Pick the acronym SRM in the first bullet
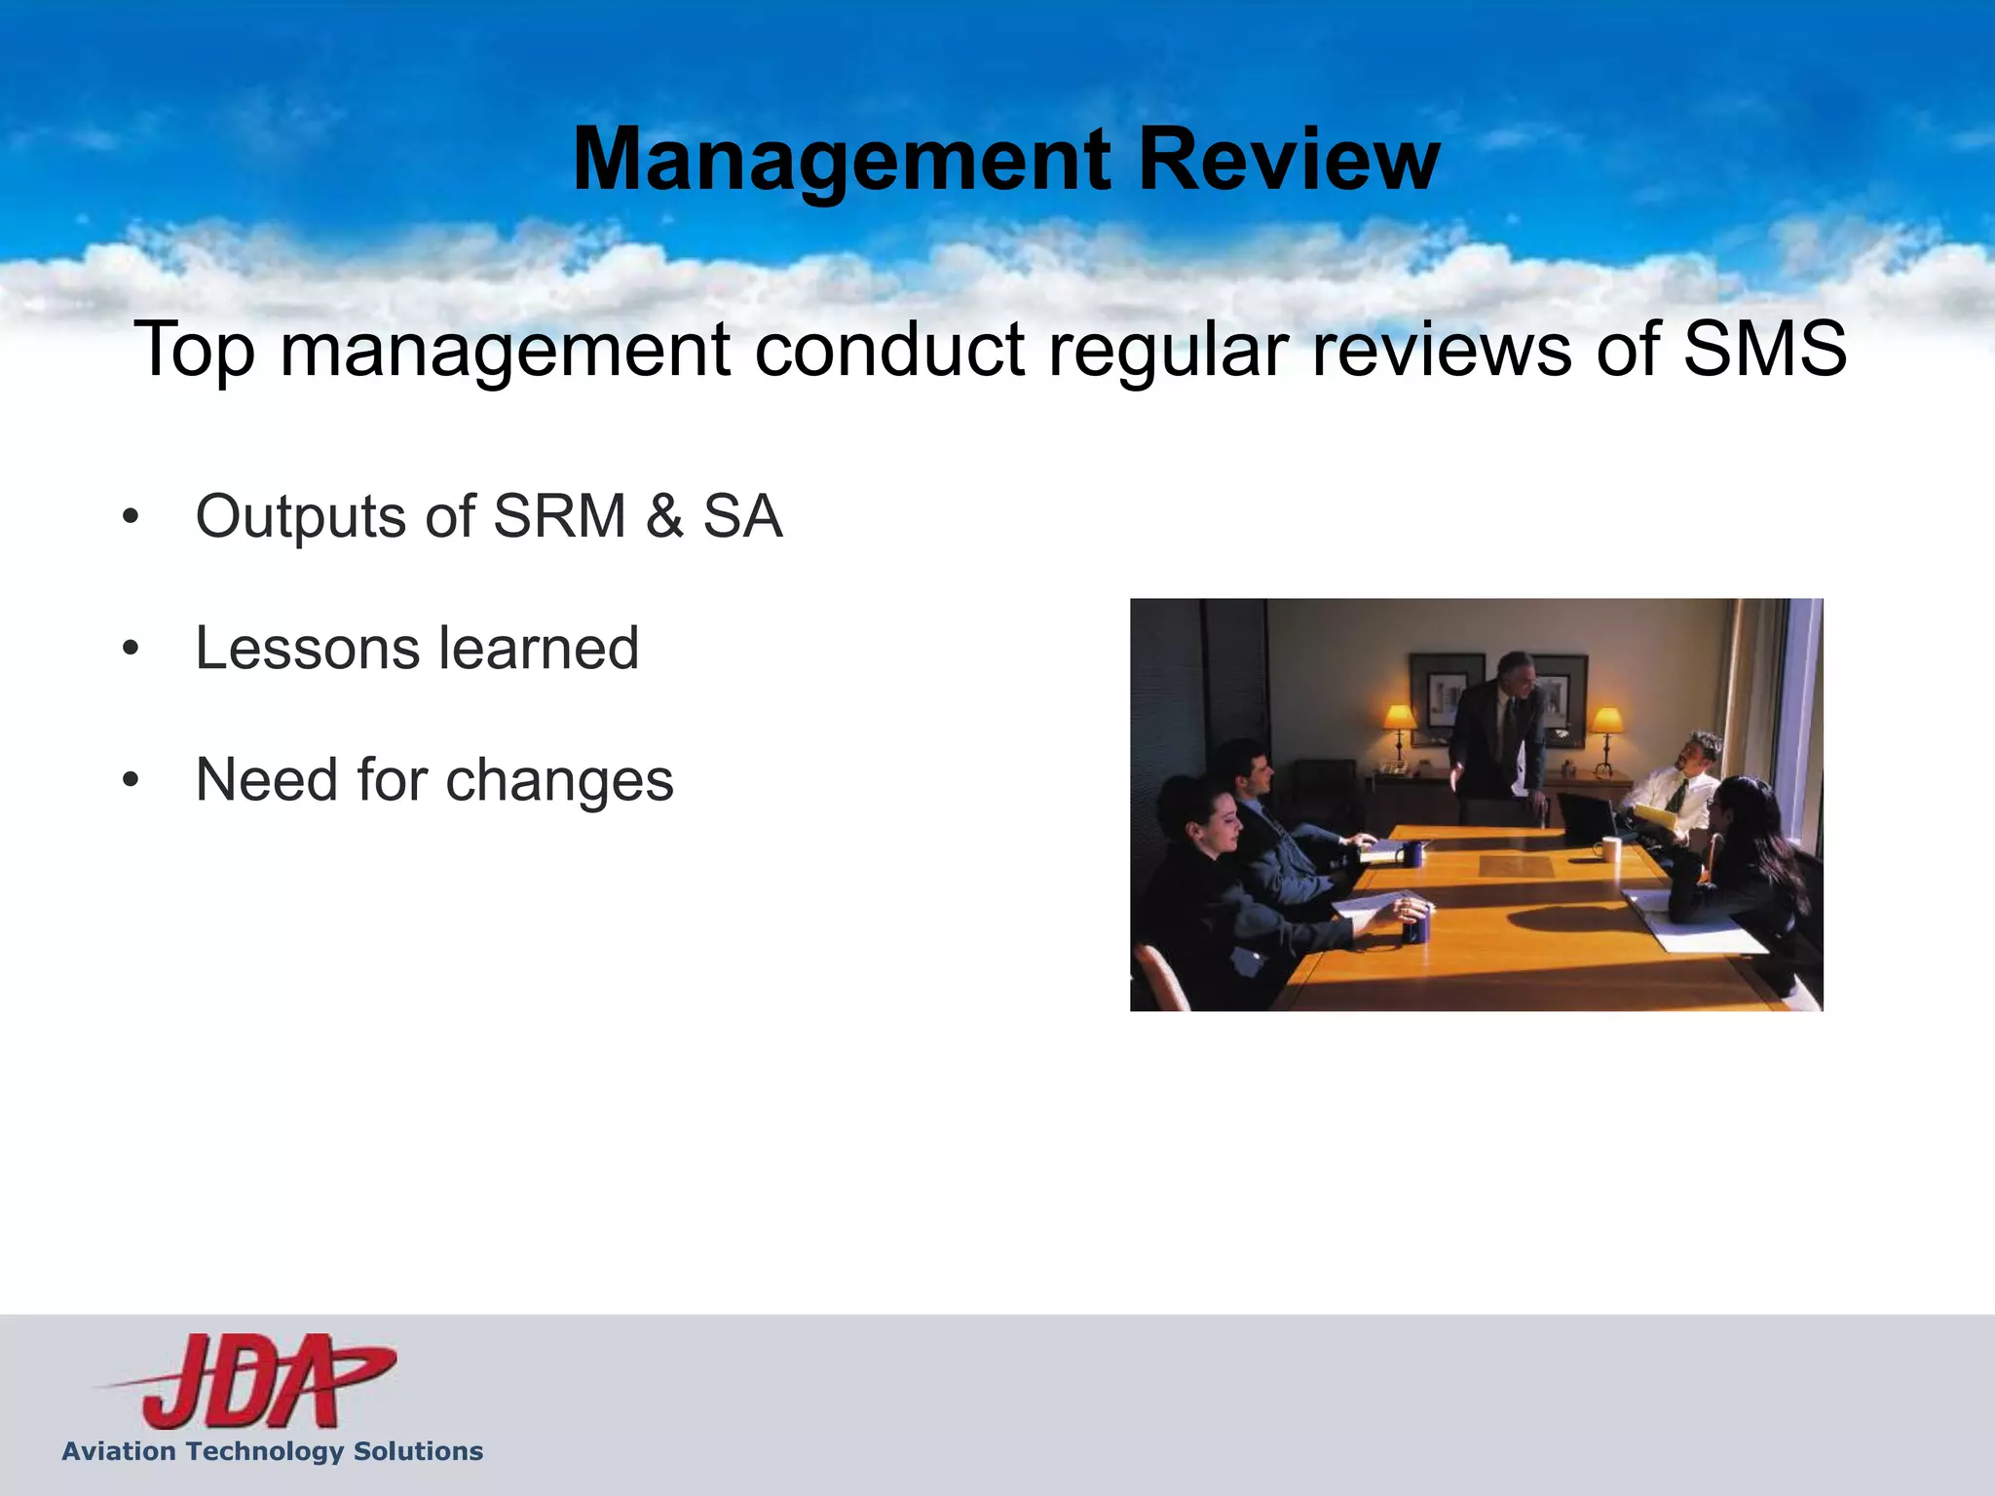pos(559,516)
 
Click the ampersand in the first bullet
pos(664,516)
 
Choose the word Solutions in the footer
pos(418,1451)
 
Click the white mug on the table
pos(1611,849)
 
